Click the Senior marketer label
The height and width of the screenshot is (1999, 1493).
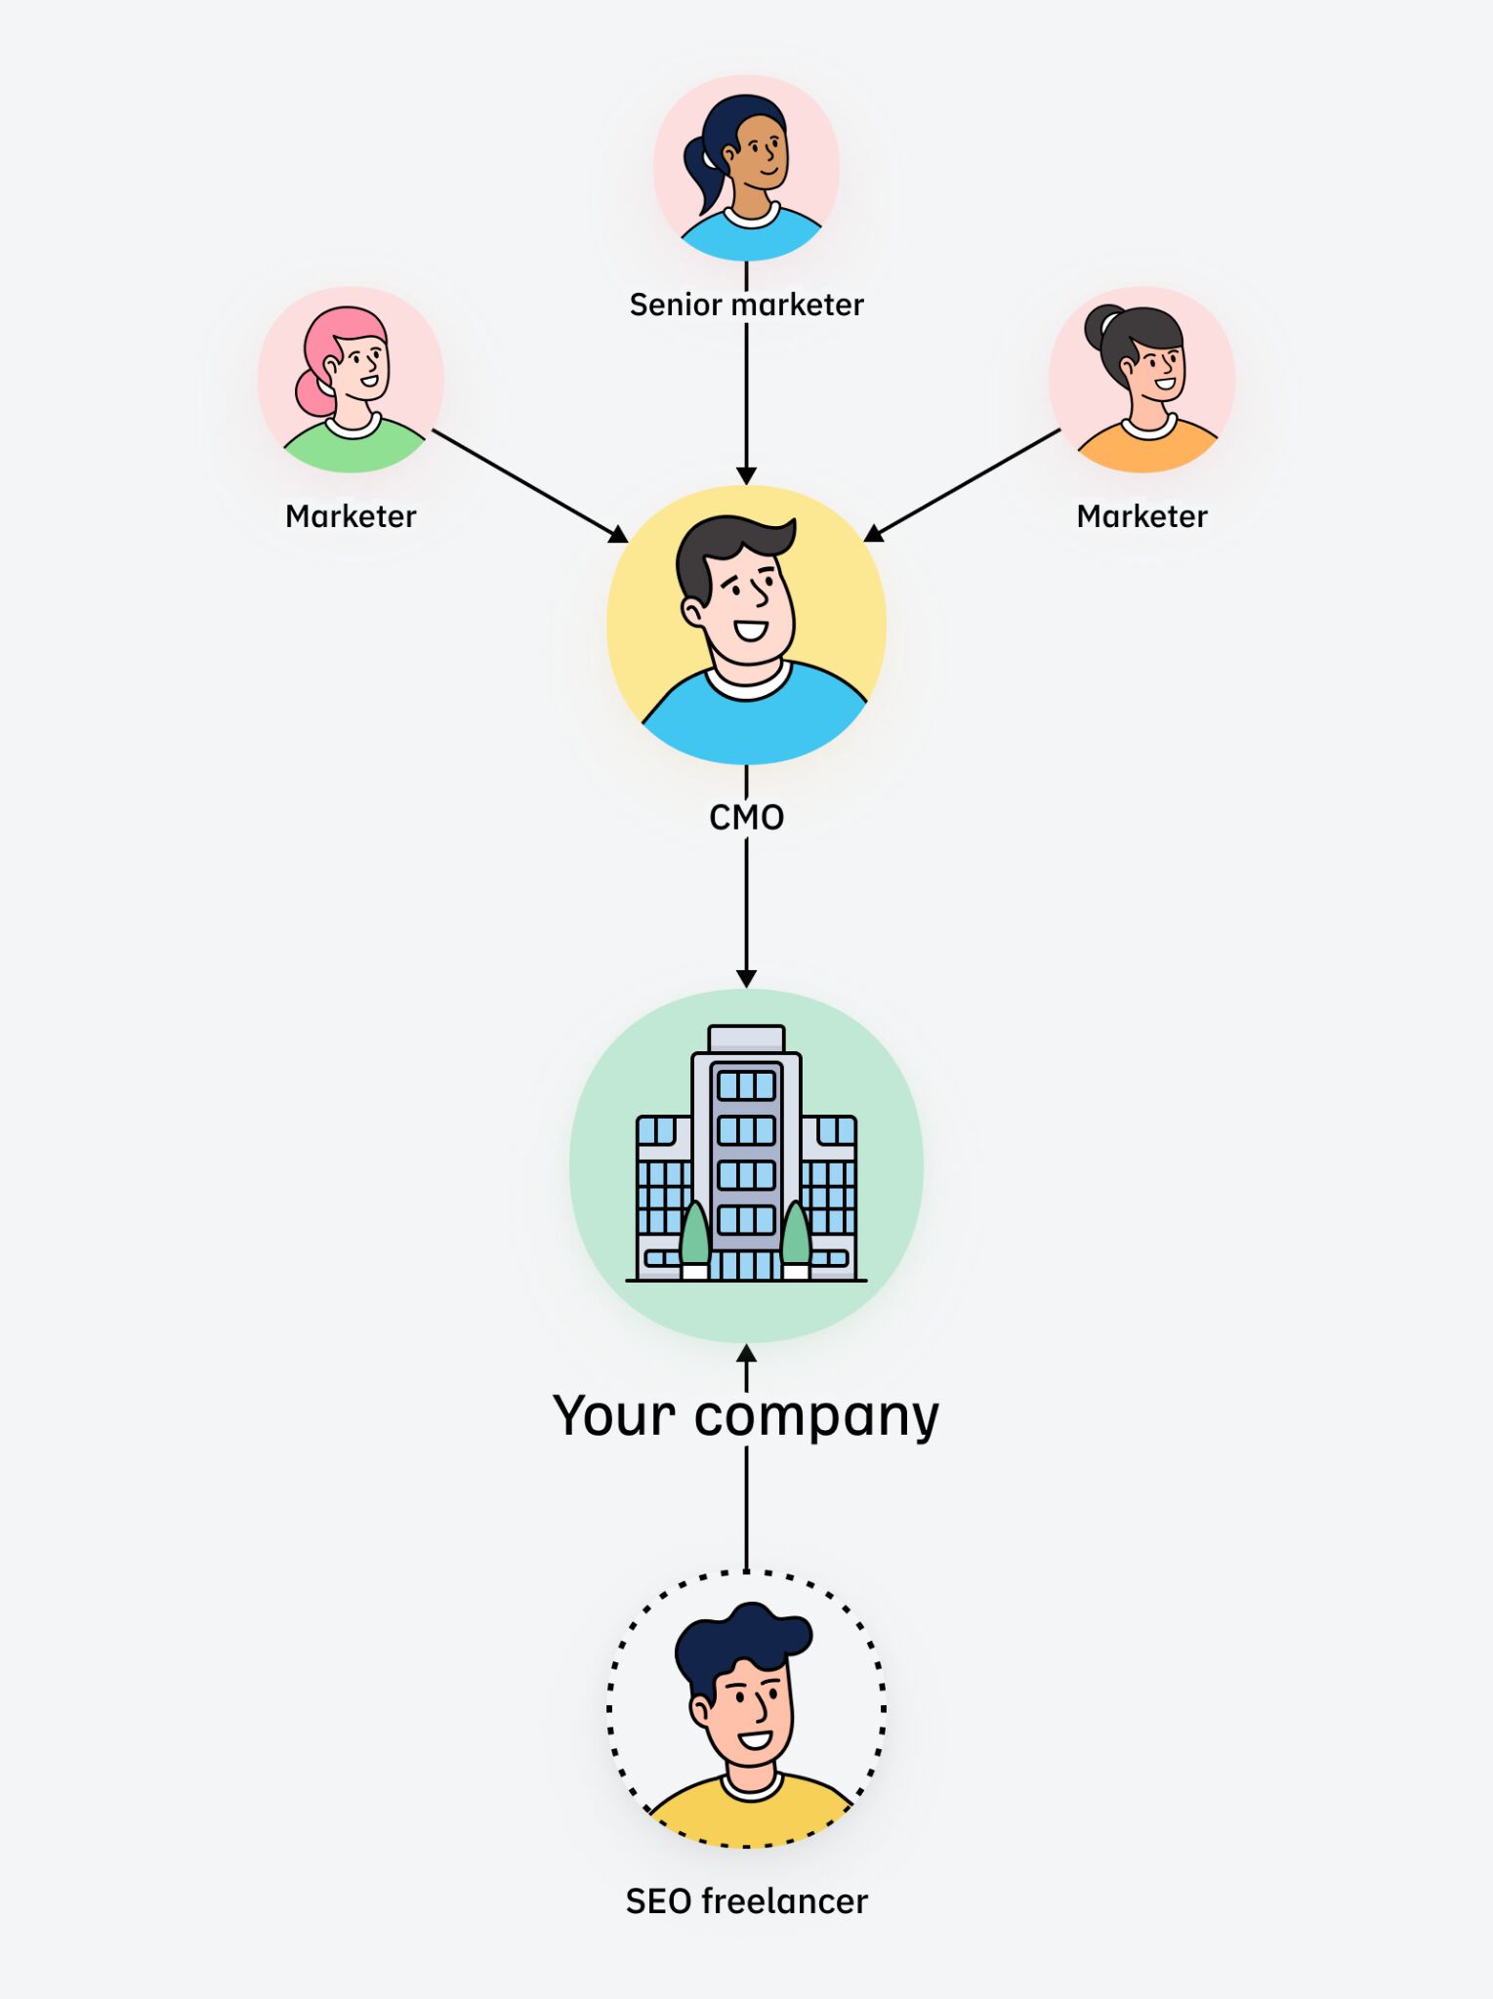pyautogui.click(x=746, y=305)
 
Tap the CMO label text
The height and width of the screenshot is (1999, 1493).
pyautogui.click(x=746, y=817)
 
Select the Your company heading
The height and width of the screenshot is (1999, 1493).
pyautogui.click(x=746, y=1415)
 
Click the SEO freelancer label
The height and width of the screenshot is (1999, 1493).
pyautogui.click(x=746, y=1901)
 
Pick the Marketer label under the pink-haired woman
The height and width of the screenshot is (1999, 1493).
pyautogui.click(x=351, y=516)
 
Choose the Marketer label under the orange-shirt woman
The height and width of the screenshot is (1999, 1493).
pyautogui.click(x=1141, y=516)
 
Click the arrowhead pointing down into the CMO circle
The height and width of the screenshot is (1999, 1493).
pyautogui.click(x=746, y=475)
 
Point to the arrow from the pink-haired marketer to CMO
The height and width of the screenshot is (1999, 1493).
pyautogui.click(x=527, y=484)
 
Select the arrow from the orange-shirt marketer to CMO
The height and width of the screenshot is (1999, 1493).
pyautogui.click(x=967, y=484)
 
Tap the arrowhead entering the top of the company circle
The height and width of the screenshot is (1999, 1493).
pyautogui.click(x=746, y=978)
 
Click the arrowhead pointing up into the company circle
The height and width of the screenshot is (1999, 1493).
pyautogui.click(x=746, y=1354)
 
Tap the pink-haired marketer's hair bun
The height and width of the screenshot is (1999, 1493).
pyautogui.click(x=312, y=393)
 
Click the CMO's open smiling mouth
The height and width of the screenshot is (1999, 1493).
pyautogui.click(x=750, y=630)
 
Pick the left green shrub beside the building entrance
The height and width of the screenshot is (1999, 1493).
pyautogui.click(x=694, y=1235)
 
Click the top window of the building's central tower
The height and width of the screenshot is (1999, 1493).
pyautogui.click(x=746, y=1085)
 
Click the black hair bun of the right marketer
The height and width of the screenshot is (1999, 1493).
pyautogui.click(x=1102, y=326)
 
